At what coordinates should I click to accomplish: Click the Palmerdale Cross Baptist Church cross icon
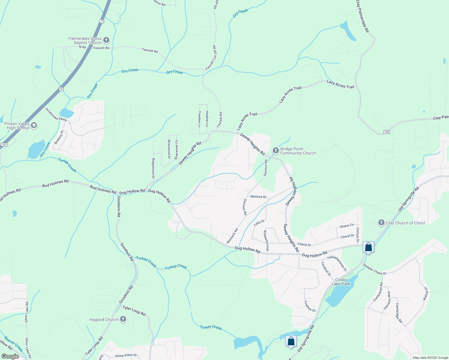click(106, 40)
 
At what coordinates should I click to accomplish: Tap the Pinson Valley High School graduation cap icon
click(34, 125)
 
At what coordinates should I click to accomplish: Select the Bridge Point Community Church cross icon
click(276, 151)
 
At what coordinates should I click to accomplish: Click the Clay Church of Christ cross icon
click(381, 223)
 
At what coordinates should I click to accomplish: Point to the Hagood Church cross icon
click(123, 319)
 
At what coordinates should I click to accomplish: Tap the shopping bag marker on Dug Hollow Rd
click(368, 247)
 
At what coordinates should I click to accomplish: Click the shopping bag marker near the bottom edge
click(291, 341)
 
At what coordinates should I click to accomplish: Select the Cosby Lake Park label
click(341, 282)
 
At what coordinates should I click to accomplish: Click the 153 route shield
click(387, 132)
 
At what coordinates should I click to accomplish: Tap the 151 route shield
click(4, 145)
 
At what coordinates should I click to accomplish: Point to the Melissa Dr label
click(258, 197)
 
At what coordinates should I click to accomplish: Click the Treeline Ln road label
click(200, 119)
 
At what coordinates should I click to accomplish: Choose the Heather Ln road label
click(207, 118)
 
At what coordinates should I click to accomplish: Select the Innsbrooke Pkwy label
click(56, 114)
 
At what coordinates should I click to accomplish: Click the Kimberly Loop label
click(266, 240)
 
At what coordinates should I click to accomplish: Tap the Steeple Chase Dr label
click(375, 269)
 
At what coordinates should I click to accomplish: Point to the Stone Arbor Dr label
click(126, 355)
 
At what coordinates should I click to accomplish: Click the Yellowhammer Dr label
click(336, 263)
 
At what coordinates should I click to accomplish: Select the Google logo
click(10, 356)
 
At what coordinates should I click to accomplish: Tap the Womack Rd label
click(232, 236)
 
